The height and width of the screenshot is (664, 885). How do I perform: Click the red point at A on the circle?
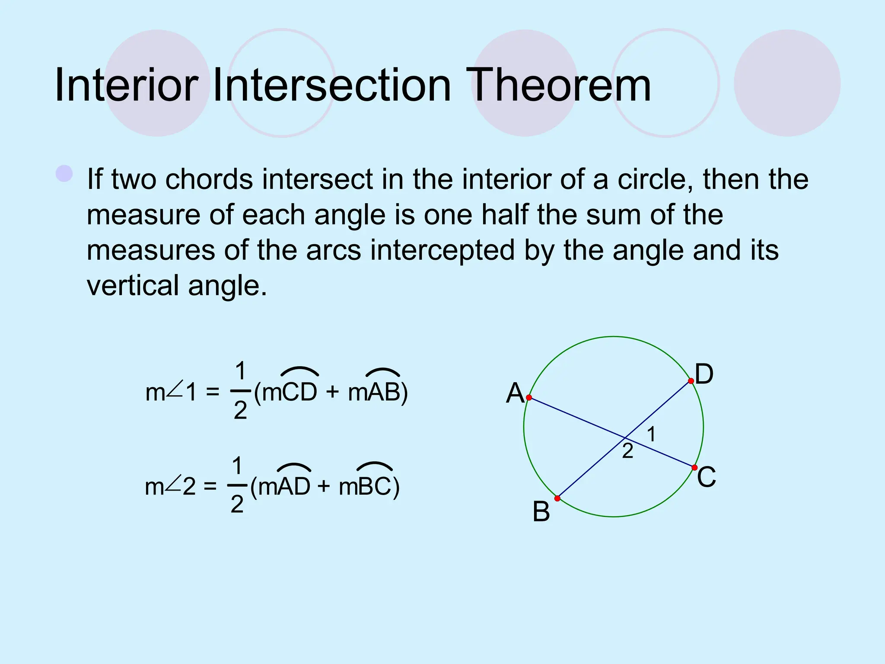[529, 397]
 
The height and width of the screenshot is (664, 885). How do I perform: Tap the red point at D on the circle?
[691, 381]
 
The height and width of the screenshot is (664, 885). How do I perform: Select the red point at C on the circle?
[694, 468]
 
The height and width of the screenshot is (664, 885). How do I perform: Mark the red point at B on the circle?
[557, 498]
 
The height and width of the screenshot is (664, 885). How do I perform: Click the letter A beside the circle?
[515, 393]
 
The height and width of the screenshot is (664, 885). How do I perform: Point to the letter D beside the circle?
[704, 374]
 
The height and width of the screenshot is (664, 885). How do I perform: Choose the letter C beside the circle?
[707, 477]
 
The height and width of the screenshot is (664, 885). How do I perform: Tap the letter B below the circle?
[541, 512]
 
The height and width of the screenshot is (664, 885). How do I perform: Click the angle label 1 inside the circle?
[652, 434]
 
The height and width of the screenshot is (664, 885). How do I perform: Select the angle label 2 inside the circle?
[627, 451]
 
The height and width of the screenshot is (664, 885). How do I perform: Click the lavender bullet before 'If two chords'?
[64, 174]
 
